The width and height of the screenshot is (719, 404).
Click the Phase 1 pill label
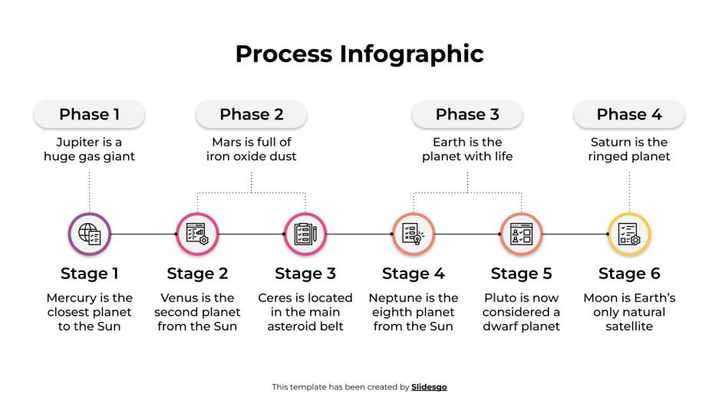(89, 114)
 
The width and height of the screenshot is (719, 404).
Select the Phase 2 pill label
(251, 114)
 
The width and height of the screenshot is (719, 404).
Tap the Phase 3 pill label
(467, 114)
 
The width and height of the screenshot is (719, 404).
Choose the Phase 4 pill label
(629, 114)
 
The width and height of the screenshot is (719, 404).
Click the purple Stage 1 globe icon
(90, 234)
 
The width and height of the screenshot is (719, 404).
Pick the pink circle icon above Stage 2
(197, 234)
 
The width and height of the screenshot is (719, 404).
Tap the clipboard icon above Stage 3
(305, 234)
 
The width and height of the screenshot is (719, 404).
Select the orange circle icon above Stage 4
(414, 234)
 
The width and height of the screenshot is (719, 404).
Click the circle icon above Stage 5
(522, 234)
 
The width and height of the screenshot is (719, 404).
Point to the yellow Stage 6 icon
(629, 234)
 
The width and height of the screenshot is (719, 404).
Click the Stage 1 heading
(90, 274)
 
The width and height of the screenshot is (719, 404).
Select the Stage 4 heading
(414, 274)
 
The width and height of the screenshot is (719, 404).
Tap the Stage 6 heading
(629, 274)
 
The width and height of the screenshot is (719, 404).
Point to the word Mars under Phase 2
(227, 143)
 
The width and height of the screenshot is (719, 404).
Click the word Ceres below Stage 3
(275, 298)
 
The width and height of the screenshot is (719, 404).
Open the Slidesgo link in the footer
(429, 387)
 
